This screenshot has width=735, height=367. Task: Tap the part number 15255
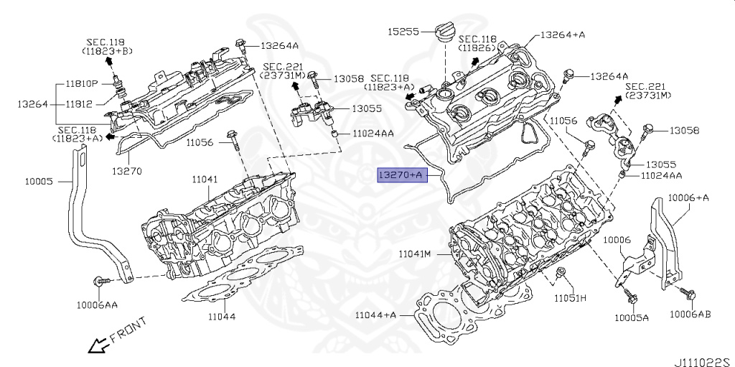pos(403,32)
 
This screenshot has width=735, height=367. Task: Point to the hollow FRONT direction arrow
pos(96,346)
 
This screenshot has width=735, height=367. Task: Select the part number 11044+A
pos(375,315)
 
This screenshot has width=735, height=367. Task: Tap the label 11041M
pos(414,254)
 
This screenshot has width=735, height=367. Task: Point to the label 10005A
pos(631,317)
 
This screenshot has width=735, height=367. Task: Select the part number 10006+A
pos(688,197)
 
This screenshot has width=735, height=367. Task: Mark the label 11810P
pos(85,83)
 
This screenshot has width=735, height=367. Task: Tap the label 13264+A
pos(562,34)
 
